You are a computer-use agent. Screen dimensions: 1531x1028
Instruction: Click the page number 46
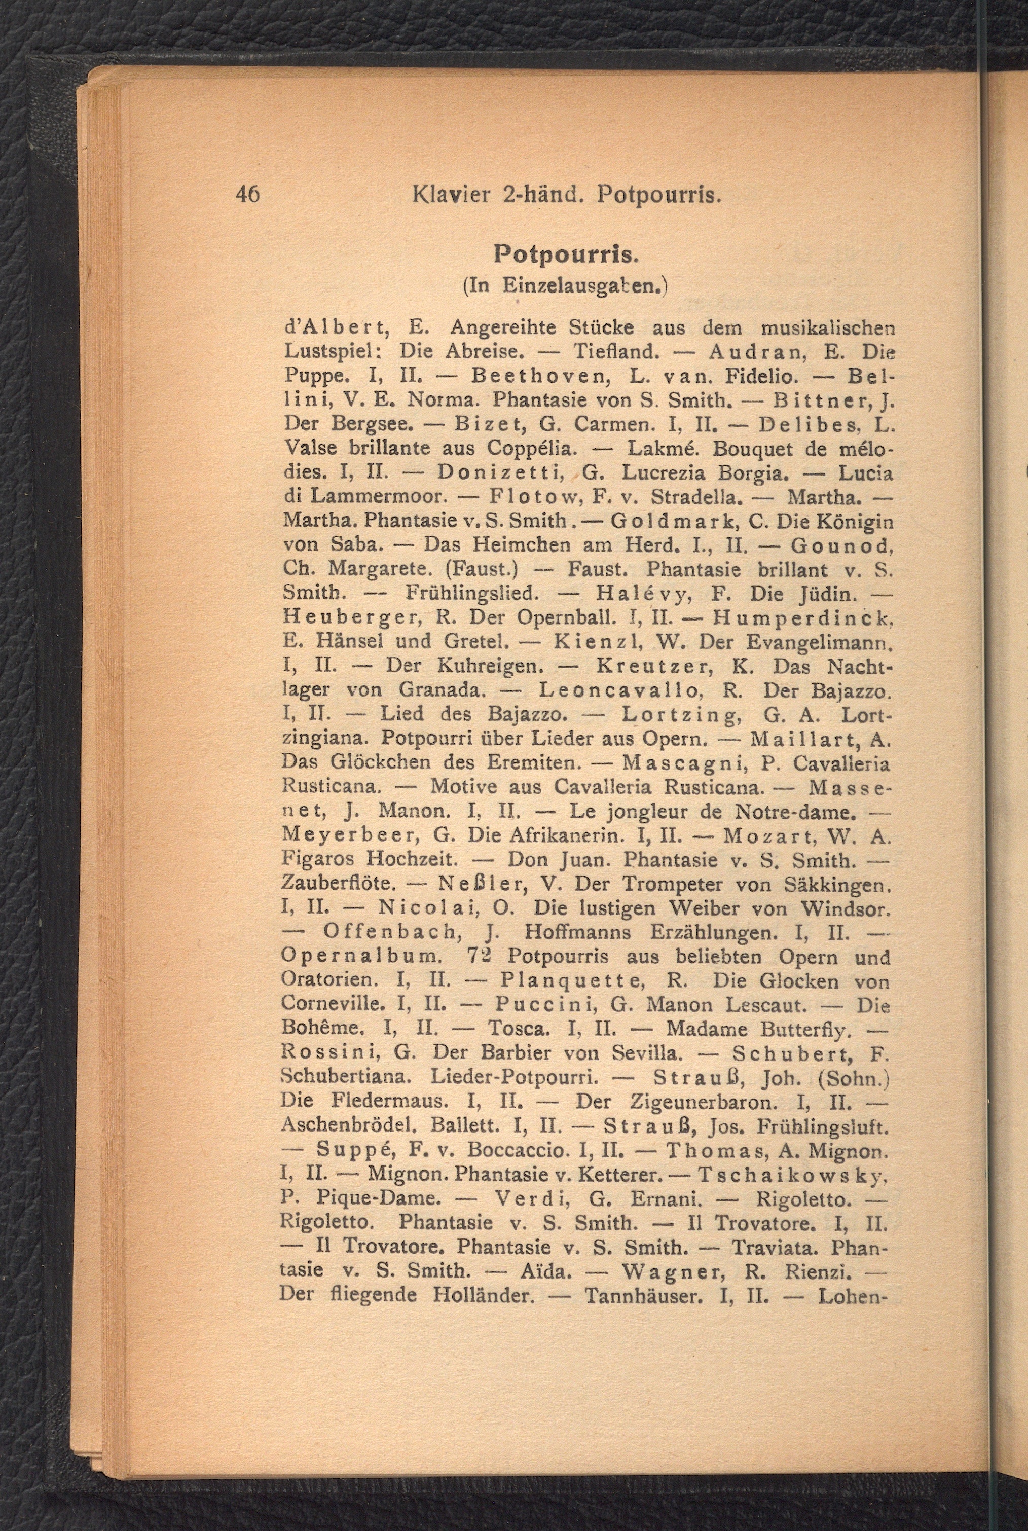pyautogui.click(x=248, y=194)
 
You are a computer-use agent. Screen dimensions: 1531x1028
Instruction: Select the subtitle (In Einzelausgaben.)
pyautogui.click(x=565, y=285)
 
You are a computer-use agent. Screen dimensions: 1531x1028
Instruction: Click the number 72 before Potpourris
pyautogui.click(x=482, y=957)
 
